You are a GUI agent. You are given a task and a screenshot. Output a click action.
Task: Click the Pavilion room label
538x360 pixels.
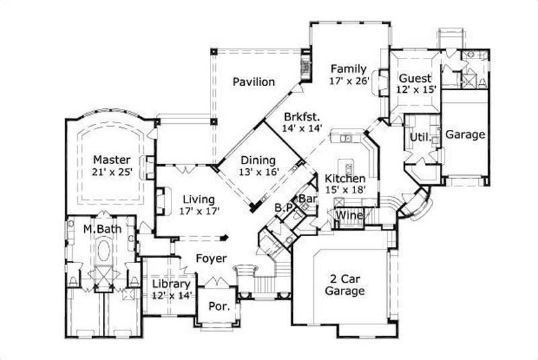pyautogui.click(x=254, y=82)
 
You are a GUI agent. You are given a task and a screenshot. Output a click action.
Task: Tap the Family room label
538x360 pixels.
pyautogui.click(x=348, y=69)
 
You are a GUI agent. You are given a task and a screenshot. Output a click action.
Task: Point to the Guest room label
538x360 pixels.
pyautogui.click(x=415, y=77)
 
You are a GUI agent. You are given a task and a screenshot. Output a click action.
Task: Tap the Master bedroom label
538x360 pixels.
pyautogui.click(x=112, y=159)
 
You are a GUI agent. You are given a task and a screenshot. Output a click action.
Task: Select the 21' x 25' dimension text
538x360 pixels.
pyautogui.click(x=112, y=172)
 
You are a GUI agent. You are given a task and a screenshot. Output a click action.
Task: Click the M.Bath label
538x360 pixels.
pyautogui.click(x=97, y=229)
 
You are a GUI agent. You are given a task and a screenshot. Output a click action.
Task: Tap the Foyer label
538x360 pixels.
pyautogui.click(x=210, y=258)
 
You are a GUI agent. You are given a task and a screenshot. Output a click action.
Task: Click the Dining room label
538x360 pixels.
pyautogui.click(x=258, y=160)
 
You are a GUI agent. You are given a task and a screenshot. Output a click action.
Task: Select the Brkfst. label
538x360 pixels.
pyautogui.click(x=302, y=115)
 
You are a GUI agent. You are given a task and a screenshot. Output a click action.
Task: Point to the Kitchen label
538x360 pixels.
pyautogui.click(x=345, y=178)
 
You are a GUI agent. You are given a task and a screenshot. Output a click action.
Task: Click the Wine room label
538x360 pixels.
pyautogui.click(x=349, y=215)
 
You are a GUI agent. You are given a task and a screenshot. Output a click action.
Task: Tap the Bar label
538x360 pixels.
pyautogui.click(x=307, y=199)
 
